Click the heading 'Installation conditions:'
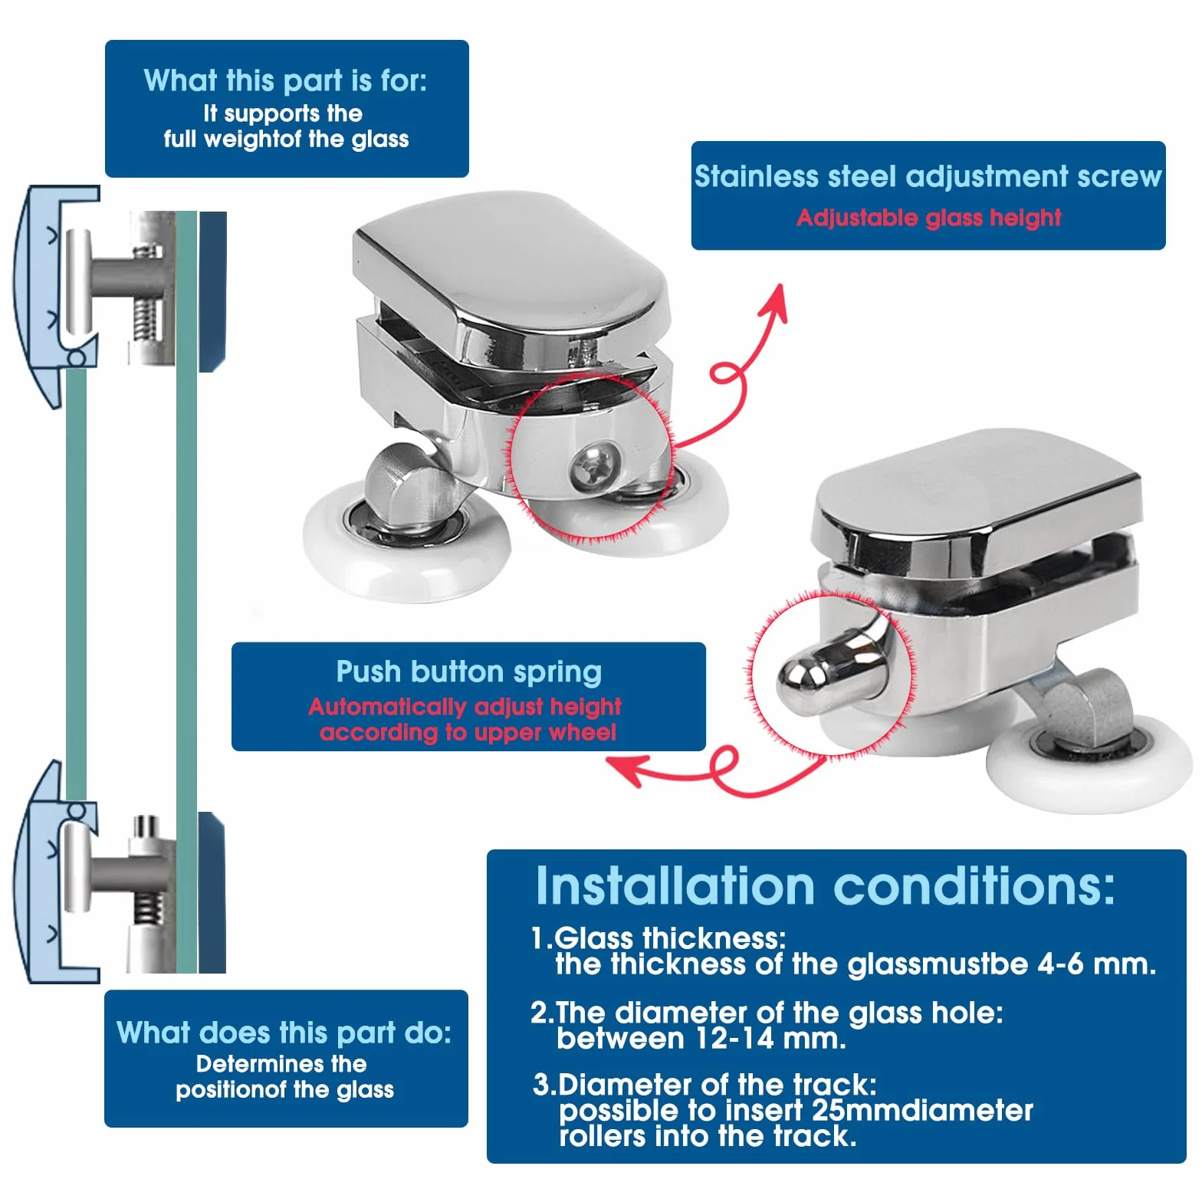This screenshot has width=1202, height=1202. pos(825,886)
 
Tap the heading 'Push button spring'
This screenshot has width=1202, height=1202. pos(468,672)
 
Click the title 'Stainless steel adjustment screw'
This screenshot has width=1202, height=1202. pos(928,176)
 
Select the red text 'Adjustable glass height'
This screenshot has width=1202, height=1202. pos(929,218)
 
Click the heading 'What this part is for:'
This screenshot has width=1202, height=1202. pos(285,80)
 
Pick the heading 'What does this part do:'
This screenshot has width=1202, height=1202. pos(284,1033)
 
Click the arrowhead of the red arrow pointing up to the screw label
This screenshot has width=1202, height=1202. pos(776,300)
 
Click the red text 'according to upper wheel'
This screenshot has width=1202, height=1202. pos(468,732)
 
